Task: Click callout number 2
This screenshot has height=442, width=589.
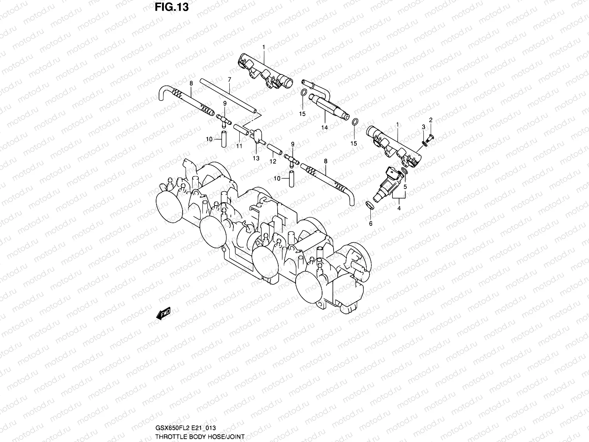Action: (x=431, y=120)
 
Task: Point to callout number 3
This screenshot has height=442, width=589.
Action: (x=423, y=127)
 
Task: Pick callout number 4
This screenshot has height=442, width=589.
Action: (x=399, y=208)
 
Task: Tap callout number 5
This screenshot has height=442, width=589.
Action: (x=405, y=187)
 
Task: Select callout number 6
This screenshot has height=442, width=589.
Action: (x=371, y=223)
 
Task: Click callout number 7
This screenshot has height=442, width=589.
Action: (x=229, y=80)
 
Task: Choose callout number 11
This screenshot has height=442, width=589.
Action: (x=239, y=146)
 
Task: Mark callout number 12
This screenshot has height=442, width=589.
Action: (x=273, y=161)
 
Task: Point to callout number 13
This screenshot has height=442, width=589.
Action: (x=256, y=158)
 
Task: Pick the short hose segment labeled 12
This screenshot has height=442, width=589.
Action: (x=273, y=149)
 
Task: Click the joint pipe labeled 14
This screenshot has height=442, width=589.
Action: (x=328, y=107)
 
